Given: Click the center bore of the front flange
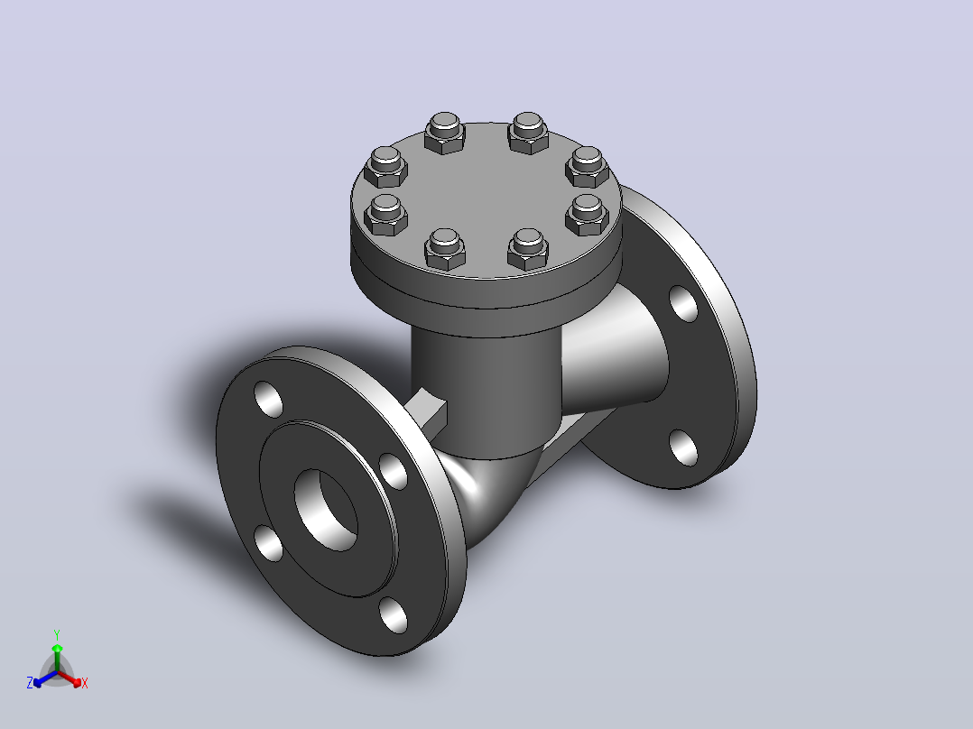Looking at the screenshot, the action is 326,510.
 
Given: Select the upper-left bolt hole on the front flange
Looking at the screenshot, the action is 269,399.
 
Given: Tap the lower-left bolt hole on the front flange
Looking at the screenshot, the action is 269,543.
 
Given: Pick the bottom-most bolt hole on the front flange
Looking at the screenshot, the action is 393,614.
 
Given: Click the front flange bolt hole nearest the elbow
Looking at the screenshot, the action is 393,471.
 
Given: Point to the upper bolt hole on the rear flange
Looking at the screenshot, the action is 683,303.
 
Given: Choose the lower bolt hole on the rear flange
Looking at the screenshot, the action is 683,448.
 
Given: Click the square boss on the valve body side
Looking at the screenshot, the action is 426,411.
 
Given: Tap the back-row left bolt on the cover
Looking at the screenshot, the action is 444,133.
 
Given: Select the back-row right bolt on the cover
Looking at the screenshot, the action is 528,133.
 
